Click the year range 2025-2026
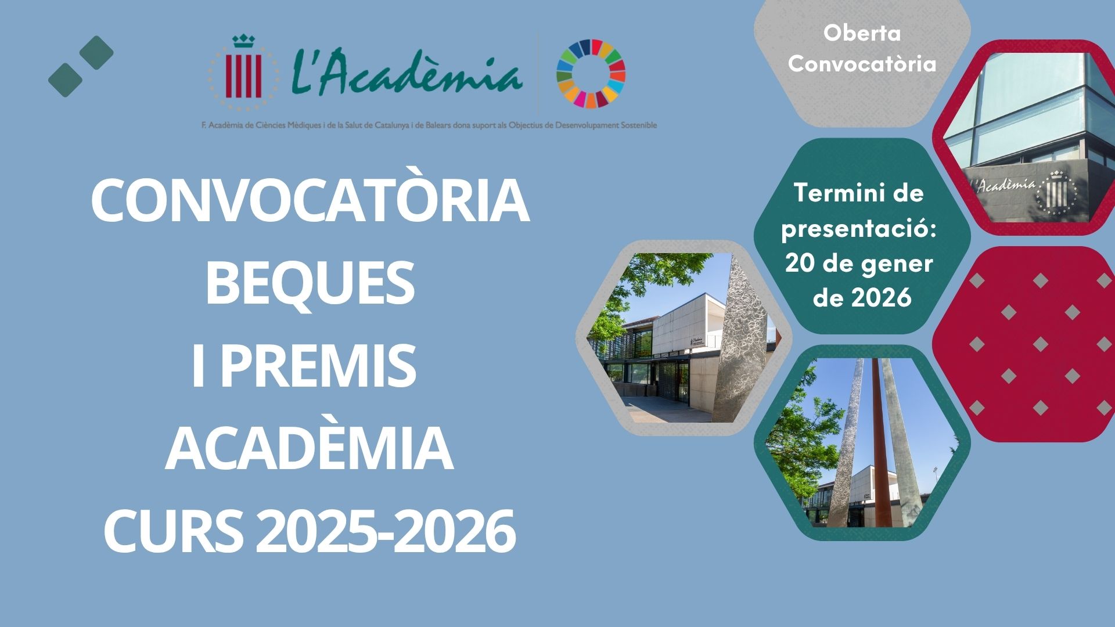click(386, 533)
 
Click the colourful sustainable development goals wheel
click(591, 74)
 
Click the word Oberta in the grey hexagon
click(862, 34)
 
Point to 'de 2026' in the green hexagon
click(862, 298)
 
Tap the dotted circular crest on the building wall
click(1056, 191)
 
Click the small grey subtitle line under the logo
click(429, 125)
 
